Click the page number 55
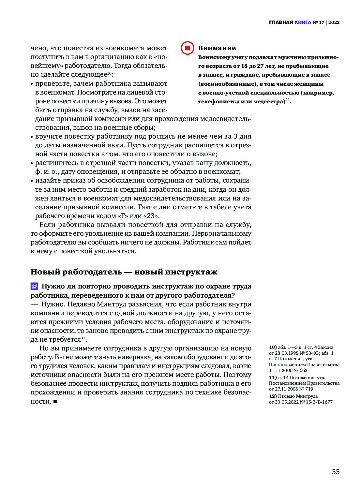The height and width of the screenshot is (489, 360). [x=336, y=472]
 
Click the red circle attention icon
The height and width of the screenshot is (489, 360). [x=187, y=48]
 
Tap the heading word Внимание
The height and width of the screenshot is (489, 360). [x=217, y=48]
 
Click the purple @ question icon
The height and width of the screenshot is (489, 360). [x=34, y=286]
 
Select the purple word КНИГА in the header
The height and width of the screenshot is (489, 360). [x=303, y=22]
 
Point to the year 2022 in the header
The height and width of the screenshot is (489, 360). [x=334, y=22]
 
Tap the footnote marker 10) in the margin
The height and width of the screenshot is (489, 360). [x=273, y=348]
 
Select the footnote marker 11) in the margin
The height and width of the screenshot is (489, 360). [x=273, y=378]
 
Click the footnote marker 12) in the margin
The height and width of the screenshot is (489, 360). [x=273, y=396]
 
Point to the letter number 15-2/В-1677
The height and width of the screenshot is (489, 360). [x=319, y=402]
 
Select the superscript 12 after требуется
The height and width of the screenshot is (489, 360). [x=83, y=338]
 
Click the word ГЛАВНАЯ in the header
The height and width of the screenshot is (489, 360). [x=281, y=22]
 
